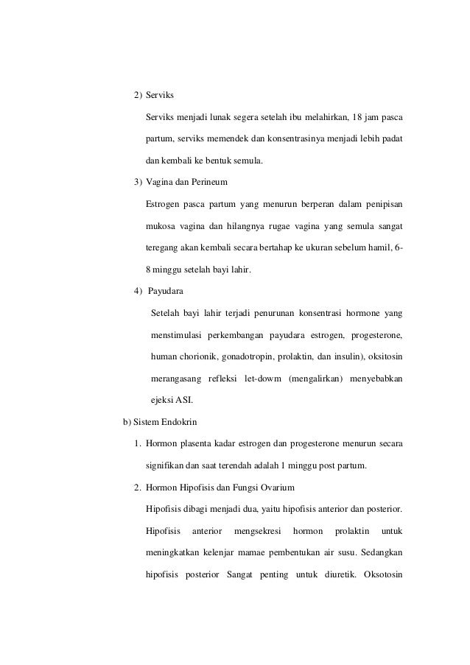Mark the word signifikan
(169, 465)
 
